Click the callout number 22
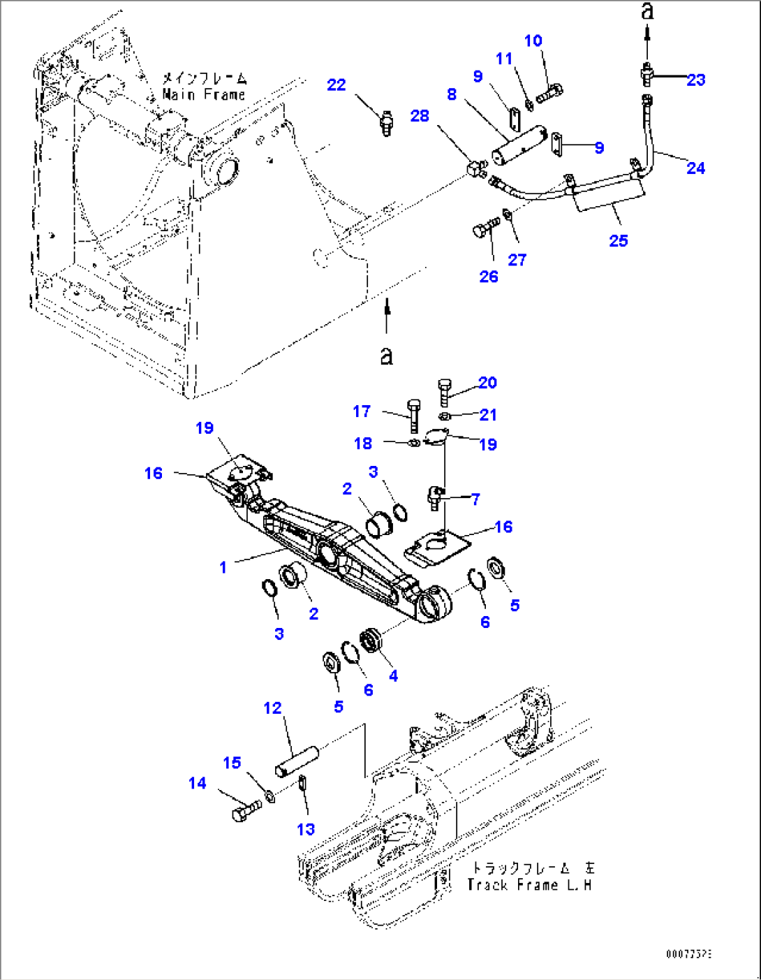tap(336, 85)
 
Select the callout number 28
tap(420, 115)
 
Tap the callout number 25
tap(618, 240)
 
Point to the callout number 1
tap(223, 567)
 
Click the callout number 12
tap(272, 708)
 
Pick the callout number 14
tap(198, 783)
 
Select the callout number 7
tap(475, 499)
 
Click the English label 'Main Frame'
tap(204, 94)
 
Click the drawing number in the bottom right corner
tap(688, 953)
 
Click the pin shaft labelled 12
tap(297, 761)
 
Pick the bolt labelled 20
tap(445, 390)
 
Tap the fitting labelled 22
tap(386, 124)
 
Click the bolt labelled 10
tap(550, 91)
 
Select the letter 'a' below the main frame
tap(386, 355)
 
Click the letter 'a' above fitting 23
tap(647, 11)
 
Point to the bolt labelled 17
tap(413, 414)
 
